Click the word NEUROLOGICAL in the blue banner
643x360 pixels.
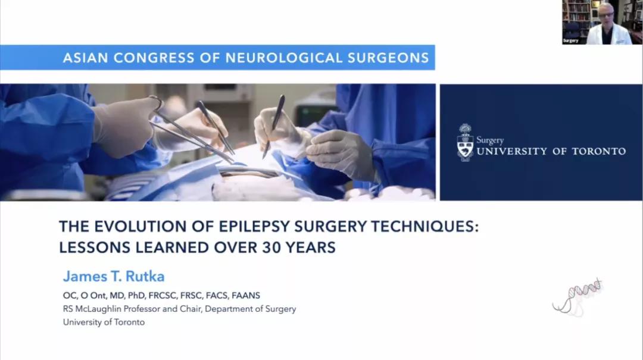tap(283, 58)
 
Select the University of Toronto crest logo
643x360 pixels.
tap(465, 142)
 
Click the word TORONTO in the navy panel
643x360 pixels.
tap(599, 151)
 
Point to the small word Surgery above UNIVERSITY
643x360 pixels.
tap(489, 140)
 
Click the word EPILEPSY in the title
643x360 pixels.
tap(254, 226)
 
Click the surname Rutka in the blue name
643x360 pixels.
tap(145, 276)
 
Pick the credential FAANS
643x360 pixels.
tap(246, 295)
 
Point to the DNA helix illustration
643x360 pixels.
tap(578, 297)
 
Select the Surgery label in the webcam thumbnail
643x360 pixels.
tap(570, 40)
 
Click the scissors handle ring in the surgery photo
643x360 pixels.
tap(156, 102)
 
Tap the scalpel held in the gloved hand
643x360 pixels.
tap(274, 125)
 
